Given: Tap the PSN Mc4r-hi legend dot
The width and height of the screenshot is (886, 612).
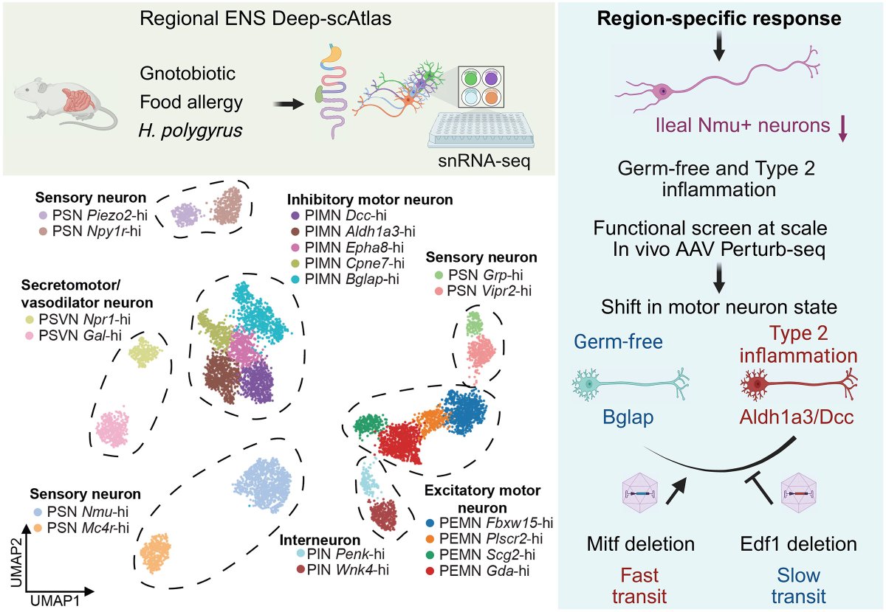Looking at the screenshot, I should (x=38, y=527).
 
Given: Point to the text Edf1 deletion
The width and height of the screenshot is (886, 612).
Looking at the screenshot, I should (x=798, y=545).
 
